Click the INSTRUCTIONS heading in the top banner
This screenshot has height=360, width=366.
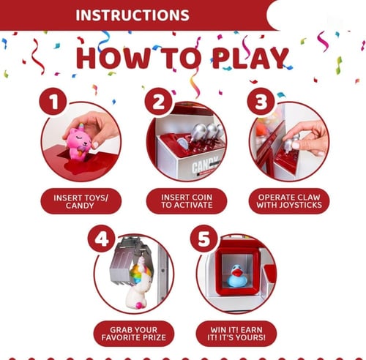click(132, 15)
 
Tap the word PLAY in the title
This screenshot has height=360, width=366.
click(250, 58)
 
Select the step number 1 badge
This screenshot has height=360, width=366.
click(53, 102)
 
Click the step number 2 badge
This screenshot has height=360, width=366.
click(158, 102)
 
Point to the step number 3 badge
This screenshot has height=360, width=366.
click(261, 102)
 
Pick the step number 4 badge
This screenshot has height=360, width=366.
click(101, 239)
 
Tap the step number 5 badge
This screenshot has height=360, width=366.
click(203, 239)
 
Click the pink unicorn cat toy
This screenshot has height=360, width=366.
click(78, 142)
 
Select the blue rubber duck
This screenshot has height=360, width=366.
click(236, 276)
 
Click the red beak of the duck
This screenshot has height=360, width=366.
click(236, 272)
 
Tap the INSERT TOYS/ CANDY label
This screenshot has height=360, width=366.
click(81, 201)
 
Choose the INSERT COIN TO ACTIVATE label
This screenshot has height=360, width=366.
click(187, 201)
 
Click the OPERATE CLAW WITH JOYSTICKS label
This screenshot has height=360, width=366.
click(289, 201)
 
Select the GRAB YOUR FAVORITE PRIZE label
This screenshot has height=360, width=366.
click(134, 334)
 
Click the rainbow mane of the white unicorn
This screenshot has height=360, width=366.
click(138, 273)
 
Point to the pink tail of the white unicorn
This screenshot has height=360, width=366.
click(139, 305)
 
